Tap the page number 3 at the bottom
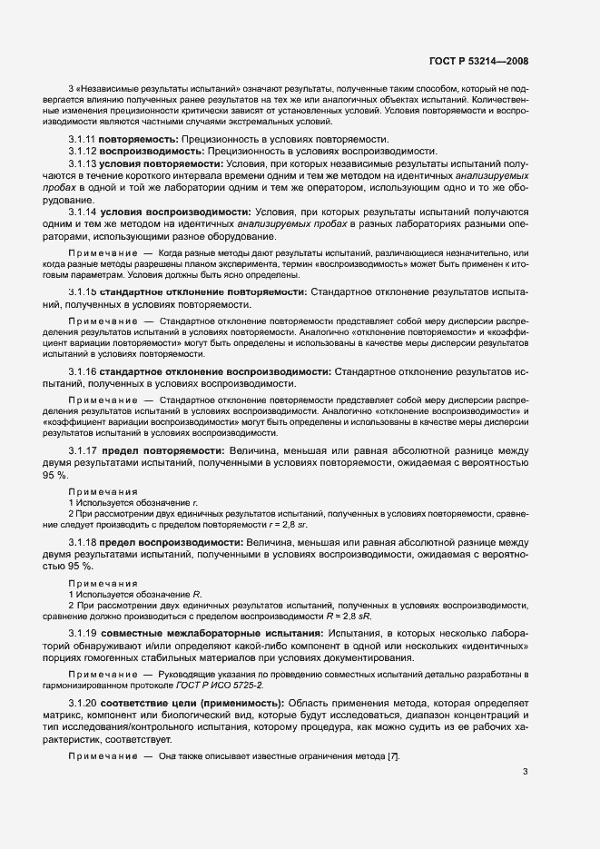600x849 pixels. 526,798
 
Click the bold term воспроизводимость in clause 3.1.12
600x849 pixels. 151,151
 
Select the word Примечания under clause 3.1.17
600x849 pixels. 103,491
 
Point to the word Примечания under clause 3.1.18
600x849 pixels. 103,583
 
